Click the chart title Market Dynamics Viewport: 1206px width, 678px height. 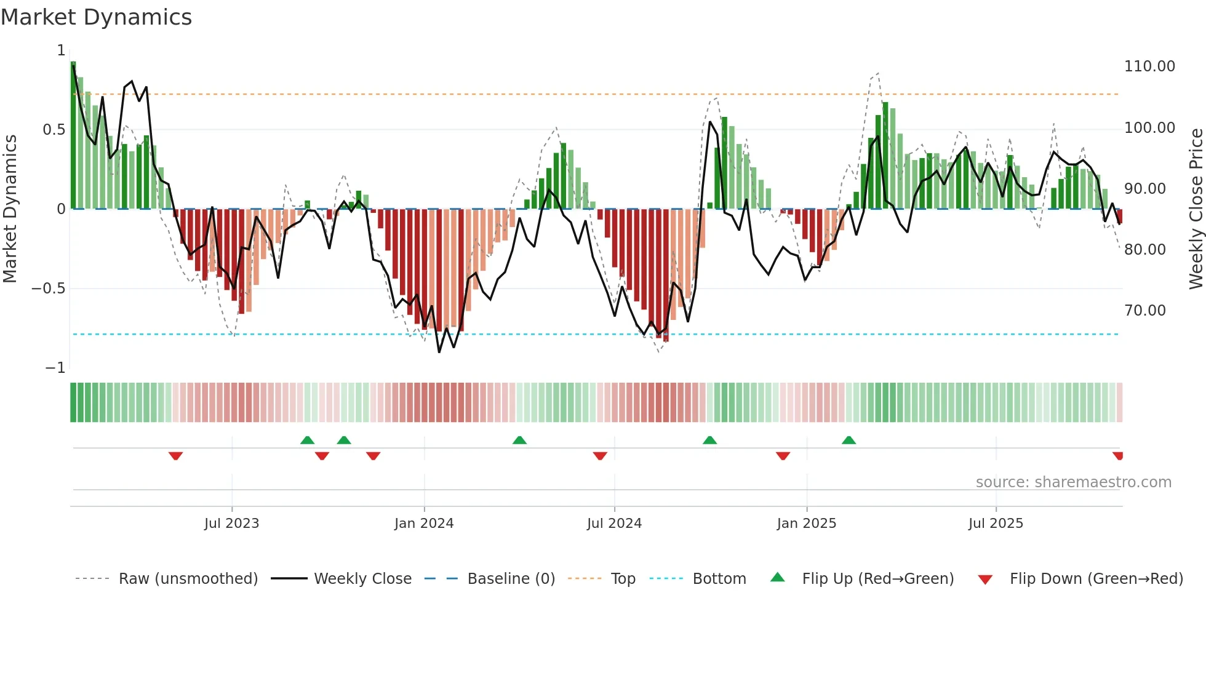tap(97, 17)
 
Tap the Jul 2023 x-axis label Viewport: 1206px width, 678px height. tap(231, 524)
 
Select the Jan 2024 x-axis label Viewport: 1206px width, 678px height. tap(424, 524)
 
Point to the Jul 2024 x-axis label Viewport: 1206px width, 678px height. tap(614, 524)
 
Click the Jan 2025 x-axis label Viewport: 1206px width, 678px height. tap(806, 524)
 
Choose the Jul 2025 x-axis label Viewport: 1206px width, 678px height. tap(996, 524)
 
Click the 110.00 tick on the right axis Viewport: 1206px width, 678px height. tap(1149, 66)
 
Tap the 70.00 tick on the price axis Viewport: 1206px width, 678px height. tap(1144, 311)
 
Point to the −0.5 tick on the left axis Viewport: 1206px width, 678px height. tap(49, 289)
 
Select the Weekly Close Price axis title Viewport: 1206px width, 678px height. tap(1196, 209)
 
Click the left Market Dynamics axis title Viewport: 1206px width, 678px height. tap(10, 209)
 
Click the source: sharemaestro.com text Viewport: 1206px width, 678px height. tap(1073, 482)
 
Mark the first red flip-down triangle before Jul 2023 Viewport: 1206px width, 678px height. tap(175, 456)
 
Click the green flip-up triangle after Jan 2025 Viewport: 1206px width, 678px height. tap(849, 440)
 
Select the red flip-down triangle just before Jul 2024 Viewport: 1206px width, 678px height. tap(600, 456)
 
